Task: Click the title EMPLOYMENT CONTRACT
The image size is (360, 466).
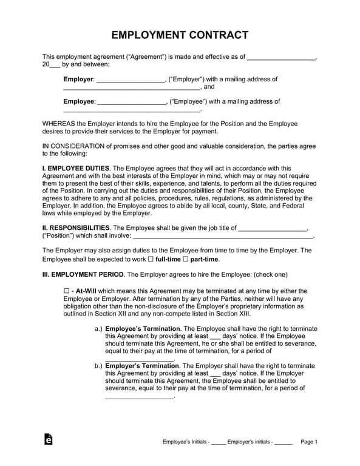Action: click(180, 35)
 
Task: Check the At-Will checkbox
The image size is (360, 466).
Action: click(67, 291)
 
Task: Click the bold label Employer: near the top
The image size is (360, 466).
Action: click(79, 79)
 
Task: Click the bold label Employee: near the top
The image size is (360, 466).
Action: click(80, 101)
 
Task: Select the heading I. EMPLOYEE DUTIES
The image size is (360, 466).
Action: click(76, 168)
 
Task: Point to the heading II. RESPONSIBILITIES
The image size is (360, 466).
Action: click(76, 228)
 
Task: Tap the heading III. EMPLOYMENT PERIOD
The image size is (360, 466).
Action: click(83, 274)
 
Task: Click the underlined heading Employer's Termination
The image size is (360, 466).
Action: click(142, 366)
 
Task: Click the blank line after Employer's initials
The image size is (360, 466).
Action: click(284, 442)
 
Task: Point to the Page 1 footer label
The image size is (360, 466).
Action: click(309, 442)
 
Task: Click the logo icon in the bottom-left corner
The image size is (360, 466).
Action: click(49, 440)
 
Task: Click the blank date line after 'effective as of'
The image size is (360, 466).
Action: click(282, 58)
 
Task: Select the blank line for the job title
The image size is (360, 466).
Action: click(273, 229)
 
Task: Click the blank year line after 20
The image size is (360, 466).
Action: click(55, 65)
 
